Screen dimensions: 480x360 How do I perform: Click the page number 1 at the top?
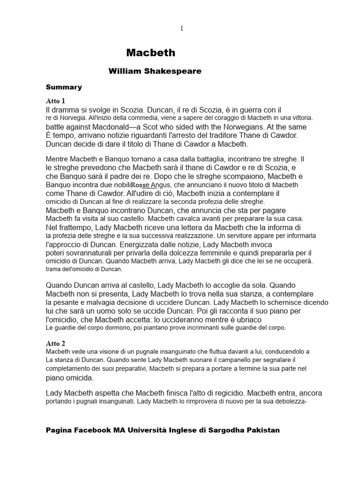tap(182, 29)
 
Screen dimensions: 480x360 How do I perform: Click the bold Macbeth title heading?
tap(151, 53)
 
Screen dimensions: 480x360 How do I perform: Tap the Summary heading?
tap(64, 87)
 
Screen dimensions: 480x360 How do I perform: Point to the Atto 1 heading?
tap(56, 101)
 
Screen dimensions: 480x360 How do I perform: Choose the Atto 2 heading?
tap(56, 343)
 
